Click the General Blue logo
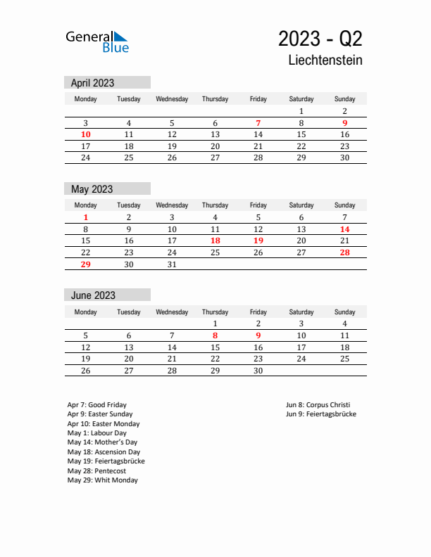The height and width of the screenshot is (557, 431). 97,41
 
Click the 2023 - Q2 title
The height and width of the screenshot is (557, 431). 320,38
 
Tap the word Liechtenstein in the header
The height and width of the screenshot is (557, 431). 325,60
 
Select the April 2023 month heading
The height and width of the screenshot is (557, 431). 93,83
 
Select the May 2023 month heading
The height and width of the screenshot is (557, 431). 92,189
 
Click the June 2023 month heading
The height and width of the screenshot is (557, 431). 94,295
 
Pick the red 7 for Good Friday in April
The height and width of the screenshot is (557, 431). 258,123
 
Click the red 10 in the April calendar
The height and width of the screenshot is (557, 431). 86,134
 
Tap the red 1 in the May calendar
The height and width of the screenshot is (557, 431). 86,217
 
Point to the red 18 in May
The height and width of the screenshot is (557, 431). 215,241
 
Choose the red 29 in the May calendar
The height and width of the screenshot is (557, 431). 86,264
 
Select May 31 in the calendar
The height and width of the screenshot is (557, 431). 172,264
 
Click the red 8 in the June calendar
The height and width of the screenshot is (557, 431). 215,335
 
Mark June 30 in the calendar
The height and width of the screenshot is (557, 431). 258,371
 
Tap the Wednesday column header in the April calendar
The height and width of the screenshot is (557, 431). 172,99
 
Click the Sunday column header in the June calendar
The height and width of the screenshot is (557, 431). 344,312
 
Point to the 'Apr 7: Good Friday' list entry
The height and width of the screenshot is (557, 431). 97,405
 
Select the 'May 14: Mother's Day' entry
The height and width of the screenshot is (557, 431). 103,442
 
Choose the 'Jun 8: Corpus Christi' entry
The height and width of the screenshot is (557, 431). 318,405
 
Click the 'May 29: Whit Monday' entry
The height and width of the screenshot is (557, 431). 103,480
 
